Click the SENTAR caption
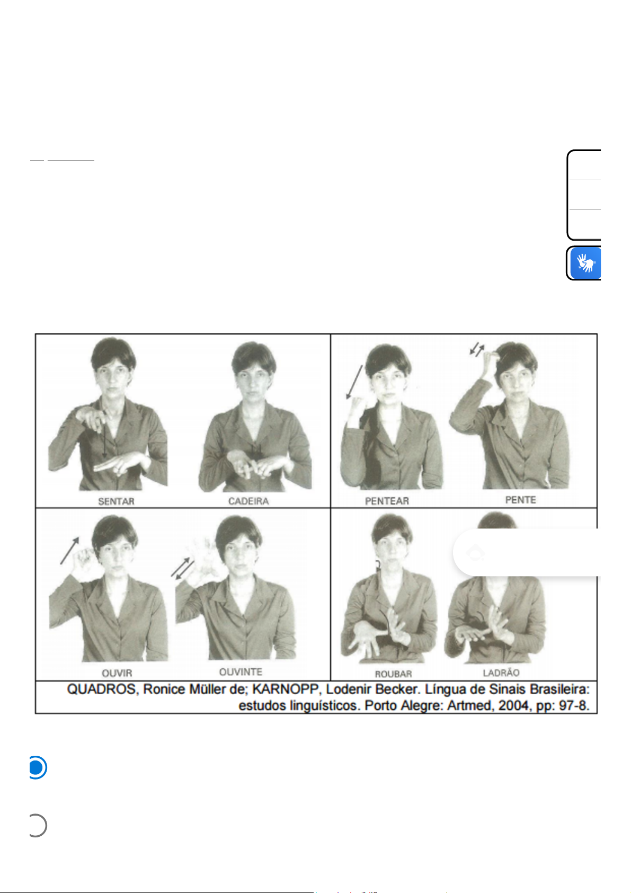coord(116,501)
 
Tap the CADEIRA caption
coord(248,501)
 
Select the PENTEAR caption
coord(387,501)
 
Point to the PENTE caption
coord(520,500)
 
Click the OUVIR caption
coord(117,674)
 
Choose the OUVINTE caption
coord(241,672)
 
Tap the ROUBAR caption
coord(393,674)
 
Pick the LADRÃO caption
coord(501,673)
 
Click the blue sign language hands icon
coord(585,263)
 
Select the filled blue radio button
coord(37,767)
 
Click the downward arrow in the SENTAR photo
coord(104,435)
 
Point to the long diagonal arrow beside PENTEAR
coord(354,382)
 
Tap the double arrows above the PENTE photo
coord(477,350)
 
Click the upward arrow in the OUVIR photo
coord(69,551)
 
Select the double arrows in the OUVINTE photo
coord(182,569)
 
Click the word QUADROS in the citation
coord(101,689)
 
